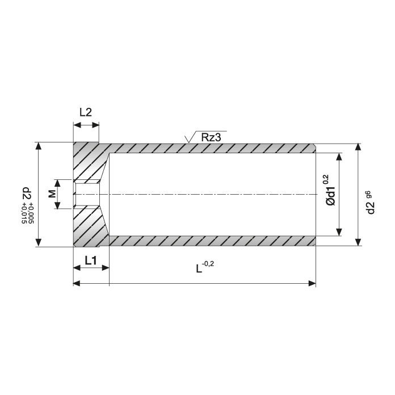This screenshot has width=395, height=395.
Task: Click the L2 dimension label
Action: (86, 112)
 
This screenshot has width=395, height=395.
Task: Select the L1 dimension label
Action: (91, 260)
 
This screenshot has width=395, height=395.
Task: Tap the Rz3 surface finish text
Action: (211, 137)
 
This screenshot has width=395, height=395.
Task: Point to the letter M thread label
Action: (52, 194)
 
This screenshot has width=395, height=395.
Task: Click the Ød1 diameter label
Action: (330, 196)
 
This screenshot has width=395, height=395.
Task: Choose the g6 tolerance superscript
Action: (368, 195)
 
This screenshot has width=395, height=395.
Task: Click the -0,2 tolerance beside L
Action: (208, 264)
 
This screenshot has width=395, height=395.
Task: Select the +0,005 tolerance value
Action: (31, 213)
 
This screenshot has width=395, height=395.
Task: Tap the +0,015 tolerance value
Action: (24, 213)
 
